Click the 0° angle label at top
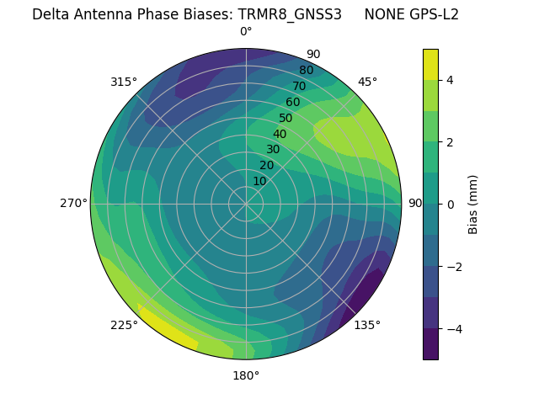coord(246,32)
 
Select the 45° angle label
coord(368,82)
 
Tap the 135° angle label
coord(366,325)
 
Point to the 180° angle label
coord(246,375)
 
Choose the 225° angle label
coord(124,326)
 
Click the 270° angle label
coord(74,203)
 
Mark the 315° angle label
coord(124,82)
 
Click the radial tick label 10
coord(259,181)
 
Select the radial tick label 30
coord(273,150)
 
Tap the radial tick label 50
coord(286,119)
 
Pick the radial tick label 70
coord(299,87)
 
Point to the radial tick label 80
coord(306,71)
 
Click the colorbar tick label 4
coord(450,80)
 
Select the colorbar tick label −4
coord(453,328)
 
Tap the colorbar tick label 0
coord(450,204)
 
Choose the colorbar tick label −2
coord(453,266)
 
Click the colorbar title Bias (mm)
coord(473,204)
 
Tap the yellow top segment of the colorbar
coord(430,64)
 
